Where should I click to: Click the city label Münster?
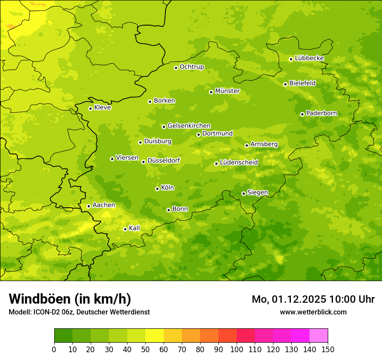227,91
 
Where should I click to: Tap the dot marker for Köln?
157,189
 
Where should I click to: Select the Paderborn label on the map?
321,113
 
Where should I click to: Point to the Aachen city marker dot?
89,206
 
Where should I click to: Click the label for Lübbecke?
309,58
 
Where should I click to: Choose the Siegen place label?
257,193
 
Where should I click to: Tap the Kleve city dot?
90,108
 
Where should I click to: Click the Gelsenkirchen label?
189,126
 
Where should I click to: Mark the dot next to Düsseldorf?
143,162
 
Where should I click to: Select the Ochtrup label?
191,67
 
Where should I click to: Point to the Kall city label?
135,228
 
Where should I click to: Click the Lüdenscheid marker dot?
216,164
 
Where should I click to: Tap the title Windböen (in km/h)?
70,299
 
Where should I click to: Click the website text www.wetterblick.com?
313,312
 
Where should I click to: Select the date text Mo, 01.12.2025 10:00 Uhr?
313,299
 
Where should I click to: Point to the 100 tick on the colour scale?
237,349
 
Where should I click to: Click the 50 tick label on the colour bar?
145,349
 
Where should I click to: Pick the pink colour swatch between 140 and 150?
319,336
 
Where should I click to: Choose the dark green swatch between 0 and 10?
63,336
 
